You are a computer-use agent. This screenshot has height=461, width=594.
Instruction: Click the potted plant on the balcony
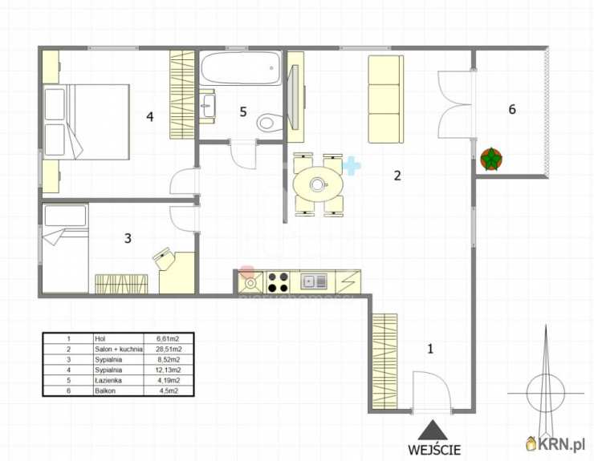[x=491, y=160]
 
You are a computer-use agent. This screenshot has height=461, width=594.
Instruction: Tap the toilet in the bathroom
[x=270, y=123]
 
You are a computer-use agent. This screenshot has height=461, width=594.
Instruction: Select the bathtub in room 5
[x=241, y=68]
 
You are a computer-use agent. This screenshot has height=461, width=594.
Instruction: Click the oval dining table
[x=318, y=184]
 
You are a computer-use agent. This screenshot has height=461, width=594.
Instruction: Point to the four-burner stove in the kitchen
[x=278, y=282]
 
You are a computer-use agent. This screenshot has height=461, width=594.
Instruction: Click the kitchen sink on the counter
[x=314, y=281]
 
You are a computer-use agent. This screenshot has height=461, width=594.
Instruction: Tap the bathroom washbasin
[x=207, y=106]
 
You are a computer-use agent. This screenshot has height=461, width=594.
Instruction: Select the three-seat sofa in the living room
[x=385, y=99]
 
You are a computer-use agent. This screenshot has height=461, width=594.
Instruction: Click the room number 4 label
[x=150, y=116]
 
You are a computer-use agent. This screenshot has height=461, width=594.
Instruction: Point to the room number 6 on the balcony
[x=512, y=109]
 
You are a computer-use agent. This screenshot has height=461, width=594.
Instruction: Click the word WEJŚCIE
[x=434, y=450]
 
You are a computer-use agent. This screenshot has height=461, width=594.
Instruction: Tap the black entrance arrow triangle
[x=433, y=431]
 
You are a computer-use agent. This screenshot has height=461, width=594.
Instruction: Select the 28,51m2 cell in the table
[x=169, y=349]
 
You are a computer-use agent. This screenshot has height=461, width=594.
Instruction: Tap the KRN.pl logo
[x=555, y=443]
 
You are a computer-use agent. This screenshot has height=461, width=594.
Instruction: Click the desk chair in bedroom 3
[x=164, y=259]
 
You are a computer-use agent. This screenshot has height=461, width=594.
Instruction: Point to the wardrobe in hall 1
[x=384, y=362]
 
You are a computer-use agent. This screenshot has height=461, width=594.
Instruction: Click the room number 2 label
[x=397, y=176]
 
